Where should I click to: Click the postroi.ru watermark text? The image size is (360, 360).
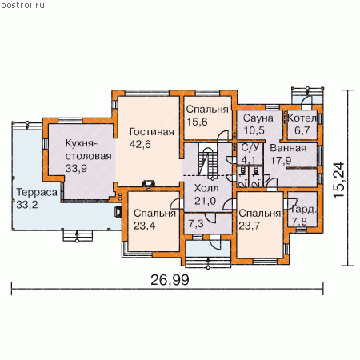22,6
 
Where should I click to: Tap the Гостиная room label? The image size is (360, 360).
152,132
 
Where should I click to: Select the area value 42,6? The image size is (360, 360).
140,144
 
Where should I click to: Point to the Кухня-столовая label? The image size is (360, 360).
88,150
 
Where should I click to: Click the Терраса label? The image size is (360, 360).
37,193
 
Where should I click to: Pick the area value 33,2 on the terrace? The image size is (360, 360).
27,205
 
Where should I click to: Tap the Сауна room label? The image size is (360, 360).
258,118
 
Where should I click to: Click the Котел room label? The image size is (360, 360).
302,118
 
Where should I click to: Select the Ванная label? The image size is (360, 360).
288,148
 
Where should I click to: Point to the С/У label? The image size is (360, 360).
250,148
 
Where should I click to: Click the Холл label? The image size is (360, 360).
206,188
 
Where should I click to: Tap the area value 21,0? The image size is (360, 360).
205,201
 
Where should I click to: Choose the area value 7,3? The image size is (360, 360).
196,224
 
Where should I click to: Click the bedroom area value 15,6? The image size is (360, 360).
197,122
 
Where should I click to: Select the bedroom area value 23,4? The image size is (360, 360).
144,226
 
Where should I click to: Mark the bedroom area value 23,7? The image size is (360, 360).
250,226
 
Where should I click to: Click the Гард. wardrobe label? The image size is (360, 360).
303,210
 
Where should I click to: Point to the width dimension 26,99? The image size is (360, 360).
170,280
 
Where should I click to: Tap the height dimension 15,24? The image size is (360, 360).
339,180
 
